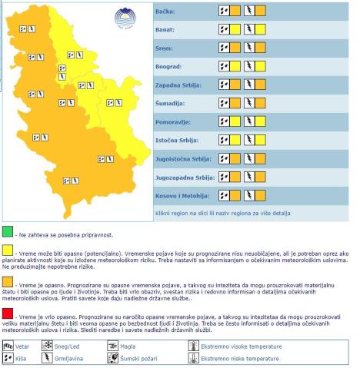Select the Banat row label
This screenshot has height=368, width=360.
pos(166,30)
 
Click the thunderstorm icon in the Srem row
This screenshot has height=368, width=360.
pos(249,48)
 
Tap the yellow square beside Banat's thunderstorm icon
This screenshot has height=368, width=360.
pos(261,30)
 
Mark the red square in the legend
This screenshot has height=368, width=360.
pos(7,313)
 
